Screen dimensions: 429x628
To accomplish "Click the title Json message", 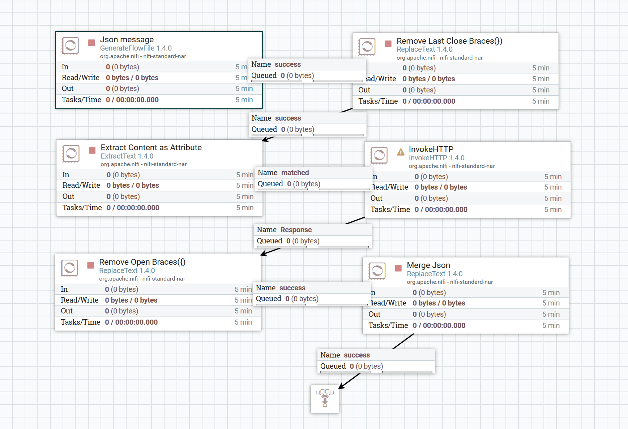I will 127,40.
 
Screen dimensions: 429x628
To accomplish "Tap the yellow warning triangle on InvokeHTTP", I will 401,152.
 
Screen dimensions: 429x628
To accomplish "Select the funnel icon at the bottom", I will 325,398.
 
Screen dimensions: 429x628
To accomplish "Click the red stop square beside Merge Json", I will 398,268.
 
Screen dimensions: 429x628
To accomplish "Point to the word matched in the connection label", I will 295,173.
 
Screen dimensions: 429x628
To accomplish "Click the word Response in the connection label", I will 296,230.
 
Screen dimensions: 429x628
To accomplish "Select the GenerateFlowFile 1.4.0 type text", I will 136,48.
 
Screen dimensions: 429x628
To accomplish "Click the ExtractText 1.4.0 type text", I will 127,156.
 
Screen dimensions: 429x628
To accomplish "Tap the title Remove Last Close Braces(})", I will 449,41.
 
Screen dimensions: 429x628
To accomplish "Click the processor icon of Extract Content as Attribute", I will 71,154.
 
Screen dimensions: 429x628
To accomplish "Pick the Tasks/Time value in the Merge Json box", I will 439,326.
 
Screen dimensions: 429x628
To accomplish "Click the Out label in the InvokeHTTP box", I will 376,198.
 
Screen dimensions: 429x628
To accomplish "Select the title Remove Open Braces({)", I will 142,262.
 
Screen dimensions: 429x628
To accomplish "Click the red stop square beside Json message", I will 91,43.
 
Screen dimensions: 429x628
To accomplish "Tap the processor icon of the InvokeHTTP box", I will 379,156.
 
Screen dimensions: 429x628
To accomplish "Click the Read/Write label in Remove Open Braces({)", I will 80,300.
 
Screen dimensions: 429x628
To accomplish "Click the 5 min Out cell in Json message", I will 244,89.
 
